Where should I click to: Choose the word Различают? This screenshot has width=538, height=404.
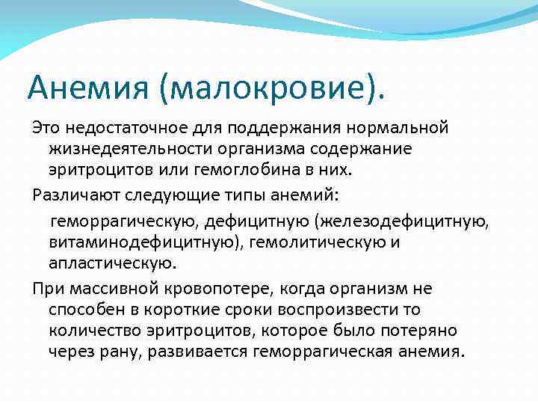pos(74,195)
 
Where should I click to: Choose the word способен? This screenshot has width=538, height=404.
pos(83,309)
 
